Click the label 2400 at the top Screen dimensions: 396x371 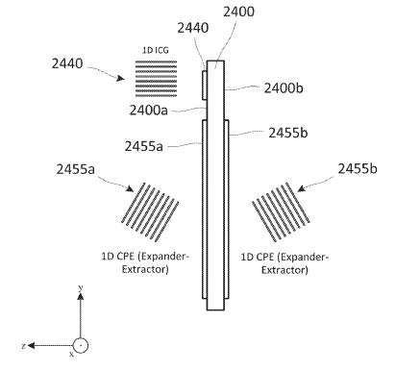pos(238,12)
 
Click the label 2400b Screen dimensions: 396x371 pos(284,88)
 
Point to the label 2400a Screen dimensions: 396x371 pos(148,111)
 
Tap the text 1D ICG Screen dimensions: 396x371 pos(156,50)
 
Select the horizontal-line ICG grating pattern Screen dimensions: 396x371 pos(156,79)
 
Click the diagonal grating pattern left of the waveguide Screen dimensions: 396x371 pos(150,212)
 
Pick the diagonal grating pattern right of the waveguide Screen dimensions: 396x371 pos(281,212)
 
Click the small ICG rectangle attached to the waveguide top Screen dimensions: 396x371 pos(204,86)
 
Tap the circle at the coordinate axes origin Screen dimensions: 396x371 pos(81,345)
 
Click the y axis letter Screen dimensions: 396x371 pos(81,287)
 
